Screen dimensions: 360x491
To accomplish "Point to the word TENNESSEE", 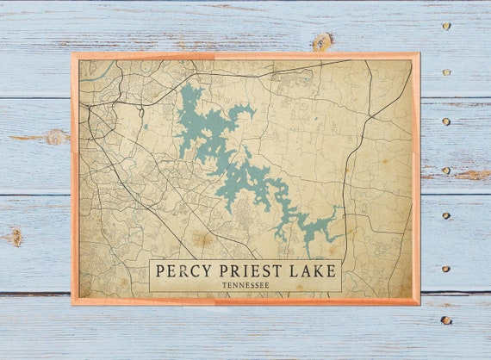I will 245,284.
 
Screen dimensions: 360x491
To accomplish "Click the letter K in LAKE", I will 314,271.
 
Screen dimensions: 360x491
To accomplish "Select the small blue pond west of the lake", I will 146,127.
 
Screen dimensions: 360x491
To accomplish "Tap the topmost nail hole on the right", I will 445,26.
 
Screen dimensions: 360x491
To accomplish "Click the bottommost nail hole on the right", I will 445,320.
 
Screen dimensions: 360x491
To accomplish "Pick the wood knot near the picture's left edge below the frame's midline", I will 14,235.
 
